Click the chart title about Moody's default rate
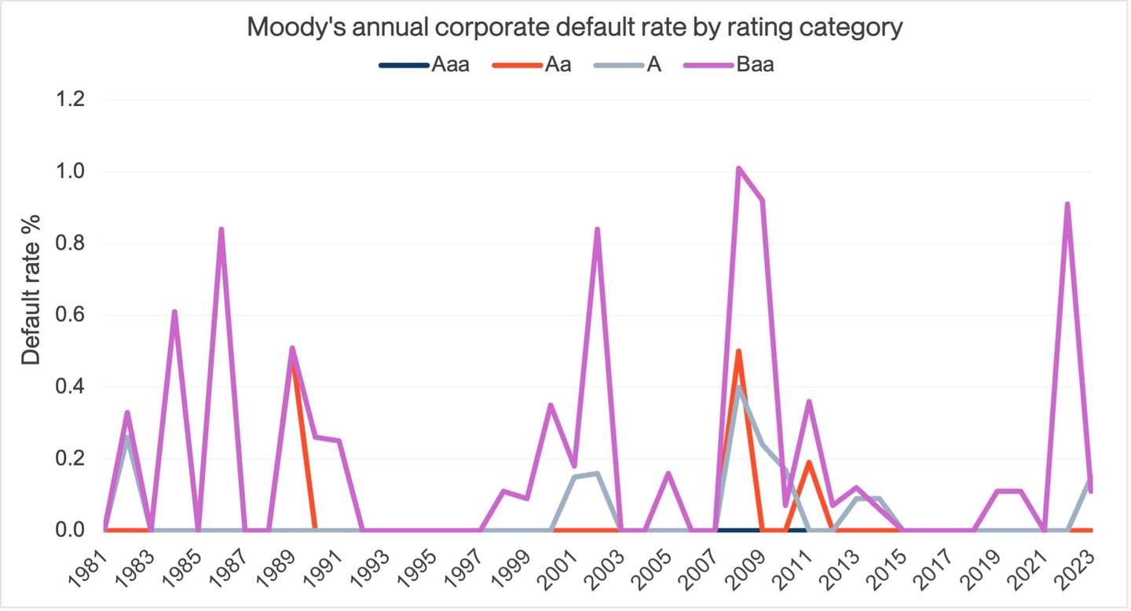coord(575,27)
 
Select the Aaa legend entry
coord(450,64)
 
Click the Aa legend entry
coord(558,64)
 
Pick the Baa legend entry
coord(755,64)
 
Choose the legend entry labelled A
coord(653,64)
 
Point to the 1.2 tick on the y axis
coord(71,100)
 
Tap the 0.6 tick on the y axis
coord(71,315)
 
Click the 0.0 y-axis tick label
coord(71,530)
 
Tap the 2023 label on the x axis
coord(1075,567)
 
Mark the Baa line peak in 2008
coord(738,168)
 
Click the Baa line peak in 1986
coord(221,229)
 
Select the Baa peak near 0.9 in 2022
coord(1067,204)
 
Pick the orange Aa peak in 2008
coord(738,351)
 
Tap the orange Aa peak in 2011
coord(809,462)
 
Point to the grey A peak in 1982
coord(127,437)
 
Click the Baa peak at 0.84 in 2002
coord(598,229)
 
